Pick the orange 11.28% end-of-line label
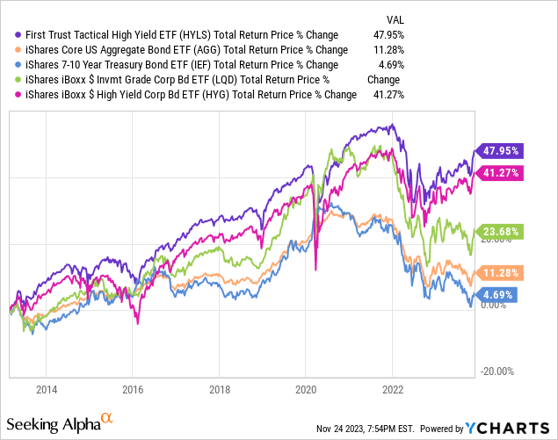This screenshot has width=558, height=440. click(x=497, y=272)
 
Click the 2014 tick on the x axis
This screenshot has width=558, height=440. click(x=47, y=389)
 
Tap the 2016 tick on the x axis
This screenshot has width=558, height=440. click(x=133, y=389)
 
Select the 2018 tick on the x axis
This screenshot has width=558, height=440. click(x=220, y=389)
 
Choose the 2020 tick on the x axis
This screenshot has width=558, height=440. click(x=306, y=389)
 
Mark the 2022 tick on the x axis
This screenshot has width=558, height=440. click(x=392, y=389)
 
